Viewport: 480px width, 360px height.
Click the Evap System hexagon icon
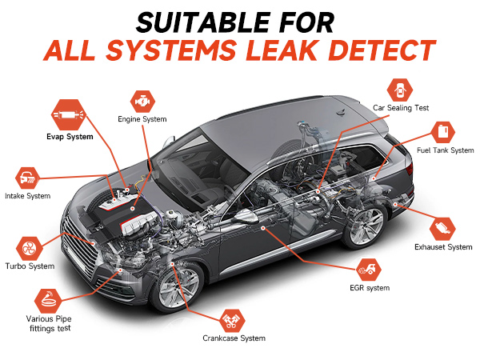click(69, 114)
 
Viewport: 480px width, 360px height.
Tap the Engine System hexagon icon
click(142, 101)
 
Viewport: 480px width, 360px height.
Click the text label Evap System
click(69, 137)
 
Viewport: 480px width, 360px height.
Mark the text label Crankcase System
click(233, 339)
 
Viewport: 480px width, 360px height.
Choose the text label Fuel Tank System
click(445, 151)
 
